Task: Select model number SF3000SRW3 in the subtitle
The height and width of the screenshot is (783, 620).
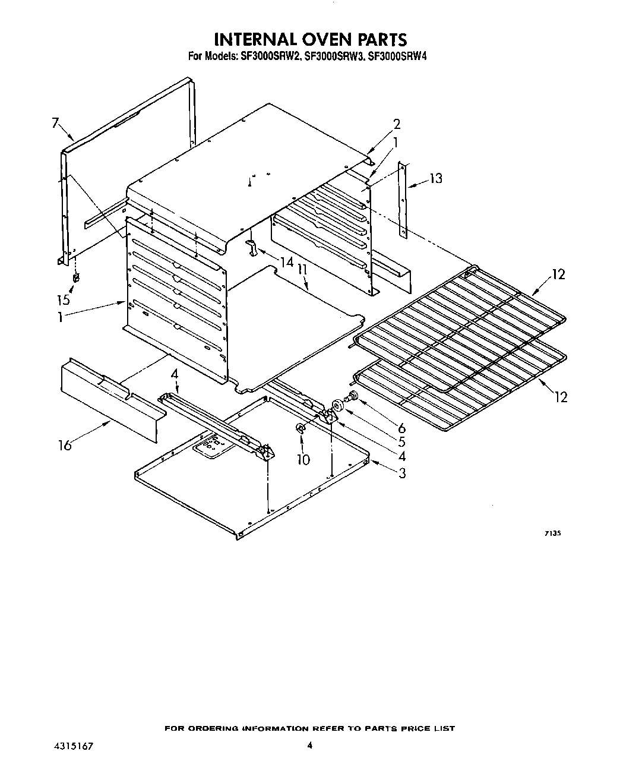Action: (x=333, y=57)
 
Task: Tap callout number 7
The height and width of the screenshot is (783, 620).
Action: (x=55, y=124)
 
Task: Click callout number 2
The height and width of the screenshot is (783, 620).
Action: (x=397, y=124)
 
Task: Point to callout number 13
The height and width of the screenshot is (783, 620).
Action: (x=436, y=178)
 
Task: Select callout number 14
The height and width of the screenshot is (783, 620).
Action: (x=287, y=261)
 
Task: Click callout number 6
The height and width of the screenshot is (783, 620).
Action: (x=402, y=428)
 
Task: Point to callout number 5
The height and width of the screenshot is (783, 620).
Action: (x=402, y=442)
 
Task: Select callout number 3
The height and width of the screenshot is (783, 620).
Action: (x=402, y=473)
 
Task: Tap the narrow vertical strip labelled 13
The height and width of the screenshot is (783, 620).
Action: (x=403, y=196)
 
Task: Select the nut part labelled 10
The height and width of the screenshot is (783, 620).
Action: (x=300, y=428)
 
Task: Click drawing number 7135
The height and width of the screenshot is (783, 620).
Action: (x=553, y=533)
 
